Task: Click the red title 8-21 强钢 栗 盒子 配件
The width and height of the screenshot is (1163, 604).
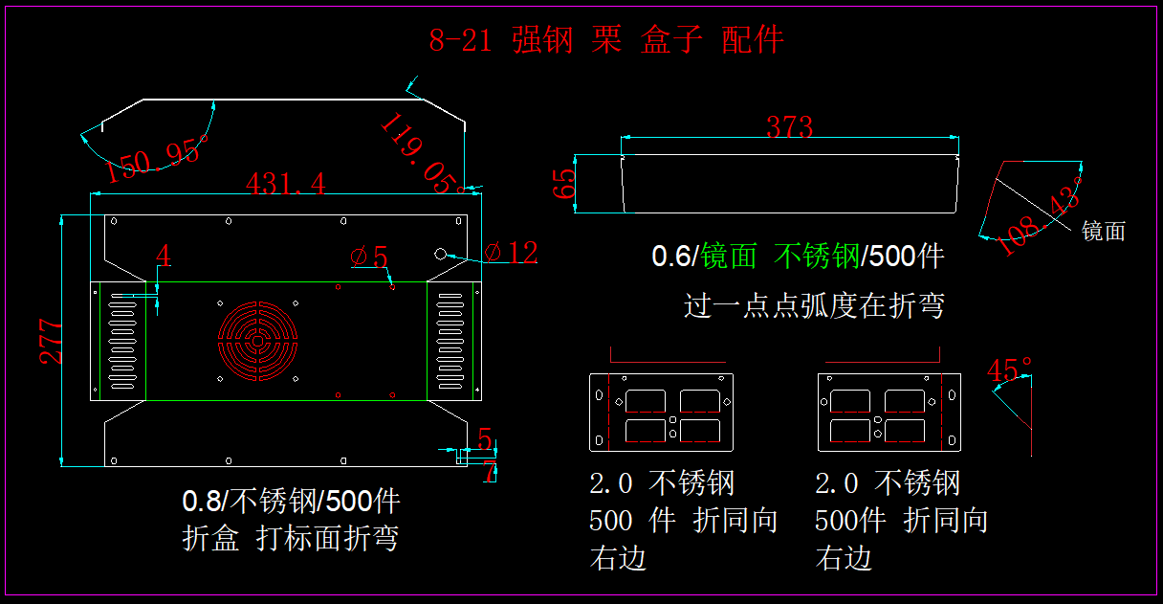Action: (x=606, y=40)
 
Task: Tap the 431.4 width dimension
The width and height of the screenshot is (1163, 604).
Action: (x=285, y=183)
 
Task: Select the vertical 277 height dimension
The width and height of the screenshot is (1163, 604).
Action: (x=52, y=341)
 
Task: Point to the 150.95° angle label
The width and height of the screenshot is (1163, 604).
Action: (x=157, y=159)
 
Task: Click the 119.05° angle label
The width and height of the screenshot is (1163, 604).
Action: (x=421, y=154)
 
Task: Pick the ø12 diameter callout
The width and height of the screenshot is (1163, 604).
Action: (x=511, y=253)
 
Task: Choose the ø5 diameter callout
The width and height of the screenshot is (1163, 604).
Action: (x=369, y=257)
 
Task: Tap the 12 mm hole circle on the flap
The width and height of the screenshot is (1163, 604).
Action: (x=441, y=255)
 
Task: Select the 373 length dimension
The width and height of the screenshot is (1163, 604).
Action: (x=789, y=126)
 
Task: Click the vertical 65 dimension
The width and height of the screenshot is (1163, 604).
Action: (x=566, y=184)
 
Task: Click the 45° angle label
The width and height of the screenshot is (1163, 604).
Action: (x=1010, y=369)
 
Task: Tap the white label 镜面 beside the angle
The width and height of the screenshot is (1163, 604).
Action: (x=1103, y=231)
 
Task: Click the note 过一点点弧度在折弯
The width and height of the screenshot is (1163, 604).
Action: (x=814, y=305)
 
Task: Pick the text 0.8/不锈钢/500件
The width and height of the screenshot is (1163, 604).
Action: (x=291, y=501)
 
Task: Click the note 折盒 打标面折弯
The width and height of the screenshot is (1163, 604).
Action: (x=290, y=539)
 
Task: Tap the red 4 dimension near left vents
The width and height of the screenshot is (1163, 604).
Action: (x=164, y=257)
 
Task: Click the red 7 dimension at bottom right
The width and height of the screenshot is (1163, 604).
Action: (x=490, y=471)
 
